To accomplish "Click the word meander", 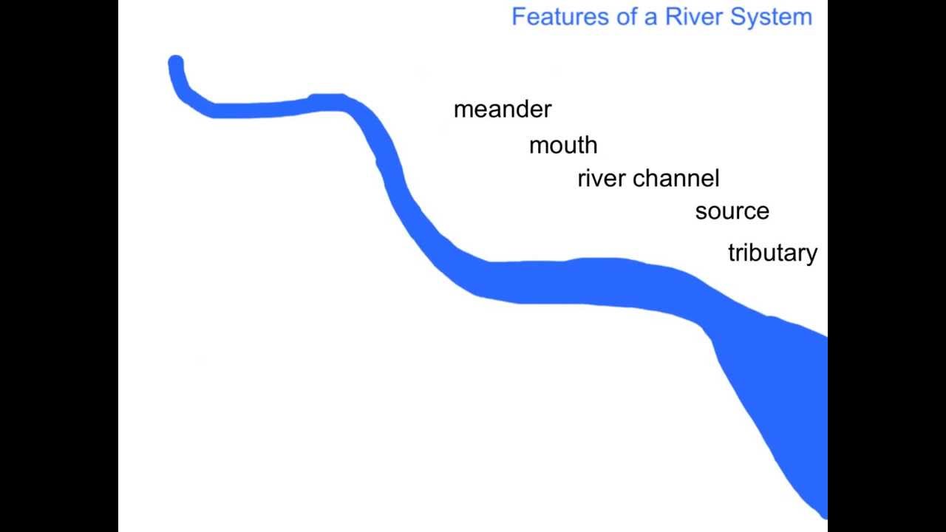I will click(x=503, y=109).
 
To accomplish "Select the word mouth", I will click(x=563, y=146).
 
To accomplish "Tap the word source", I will click(x=732, y=211).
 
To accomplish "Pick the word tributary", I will click(x=772, y=253).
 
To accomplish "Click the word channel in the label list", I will click(x=676, y=178).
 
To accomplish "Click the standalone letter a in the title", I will click(x=650, y=18).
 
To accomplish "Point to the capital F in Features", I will click(x=518, y=16).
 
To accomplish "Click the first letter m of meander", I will click(x=463, y=110).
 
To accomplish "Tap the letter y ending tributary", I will click(x=811, y=255).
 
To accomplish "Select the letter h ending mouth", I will click(x=591, y=145).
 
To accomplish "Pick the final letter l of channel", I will click(x=716, y=177).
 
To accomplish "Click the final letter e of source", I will click(x=763, y=212).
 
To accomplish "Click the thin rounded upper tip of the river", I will click(x=176, y=64).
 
